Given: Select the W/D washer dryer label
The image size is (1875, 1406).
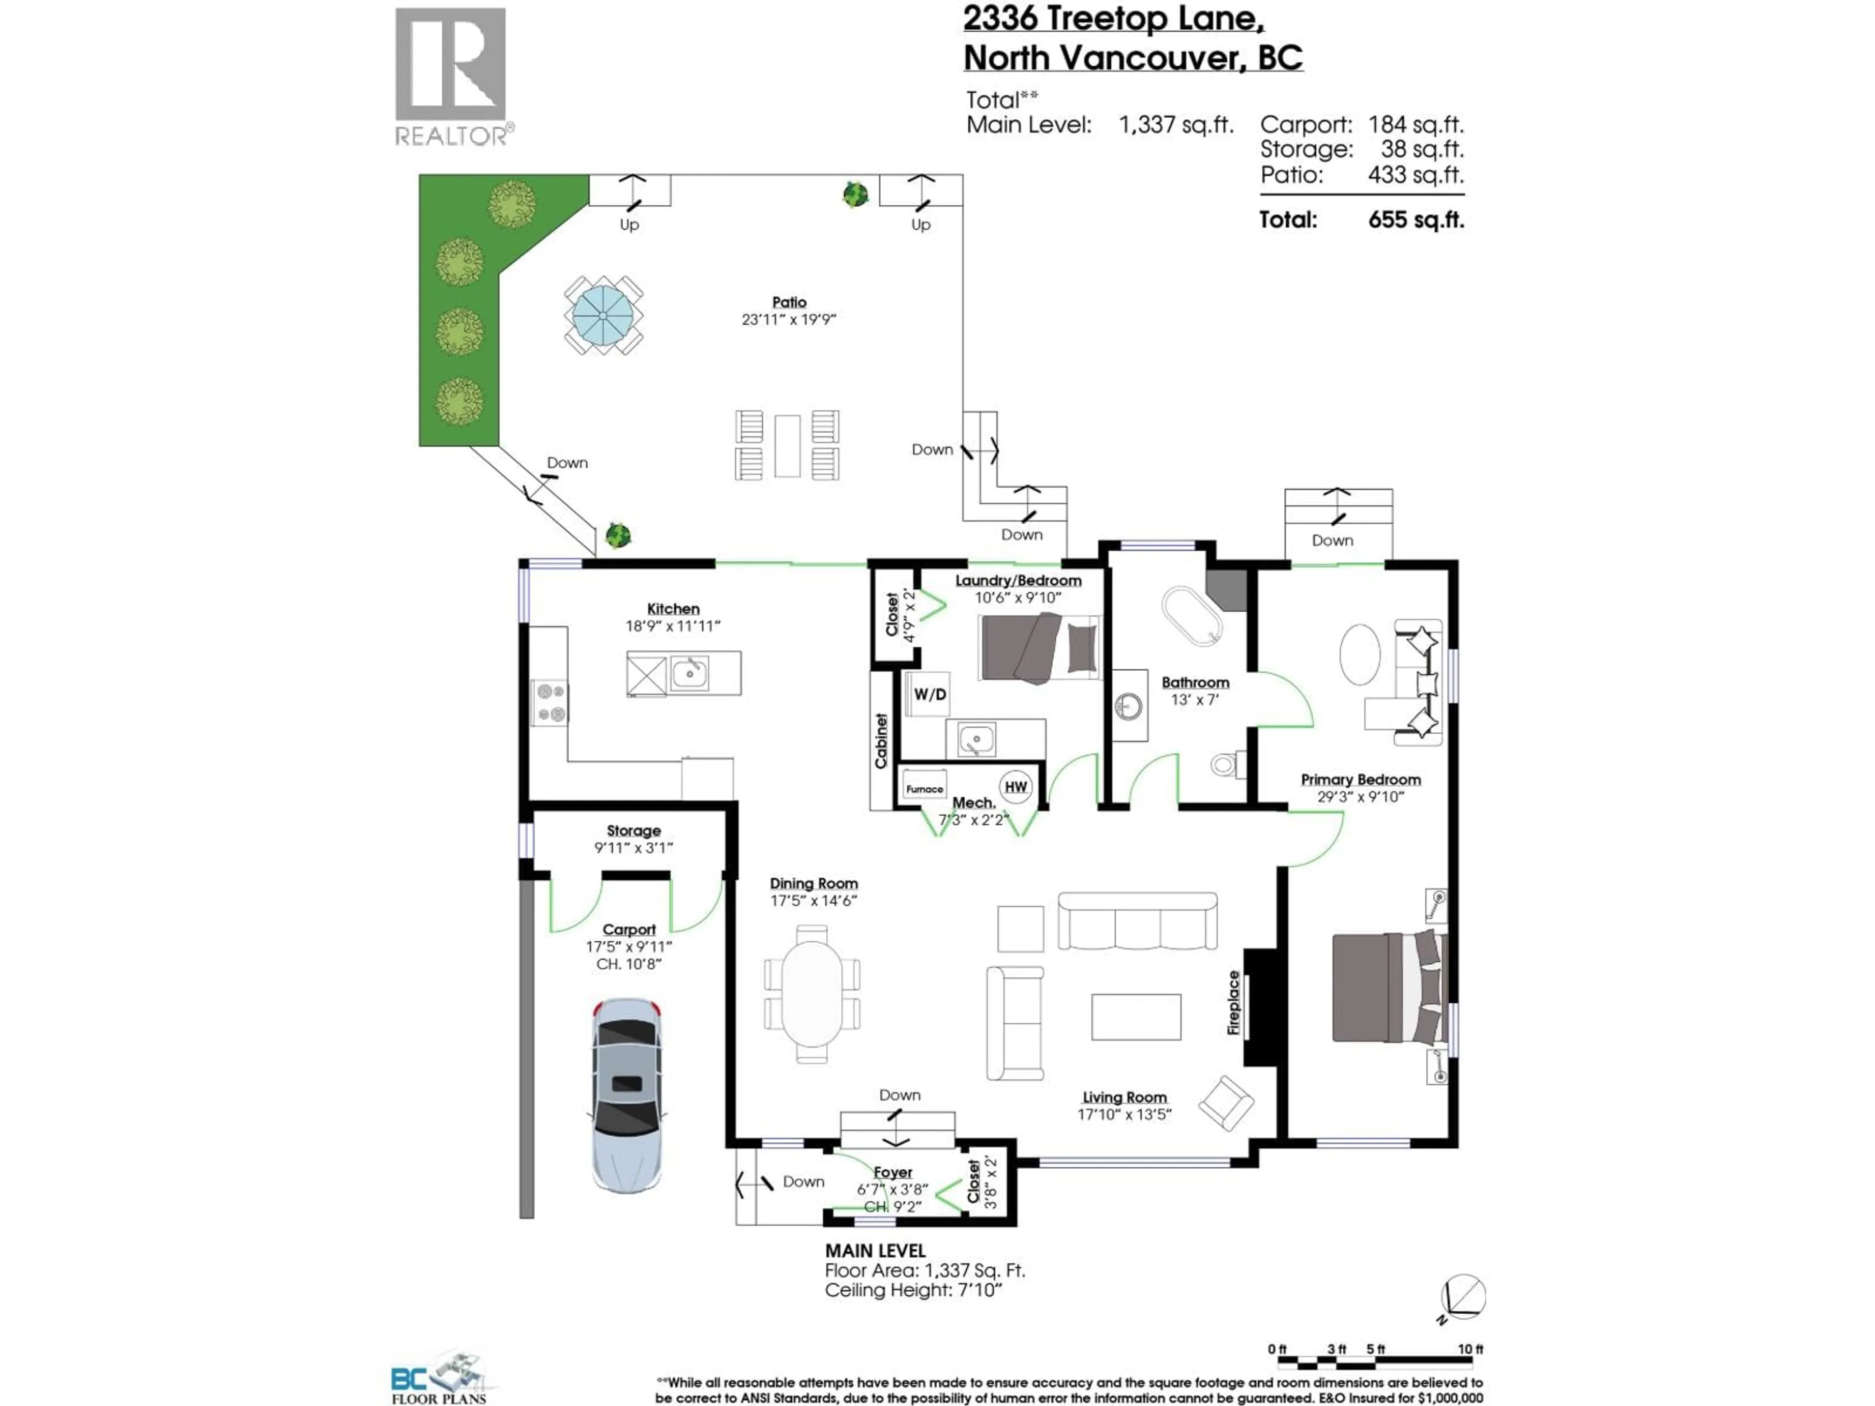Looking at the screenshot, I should [x=929, y=694].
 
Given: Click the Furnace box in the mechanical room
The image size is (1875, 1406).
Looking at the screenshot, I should [x=924, y=787].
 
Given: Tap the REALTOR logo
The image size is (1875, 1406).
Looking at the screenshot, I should [x=452, y=76].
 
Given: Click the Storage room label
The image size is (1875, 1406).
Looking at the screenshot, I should [x=633, y=830].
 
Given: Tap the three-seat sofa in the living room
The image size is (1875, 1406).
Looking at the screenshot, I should [x=1137, y=921].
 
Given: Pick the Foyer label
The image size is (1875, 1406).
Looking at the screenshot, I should [x=893, y=1172].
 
